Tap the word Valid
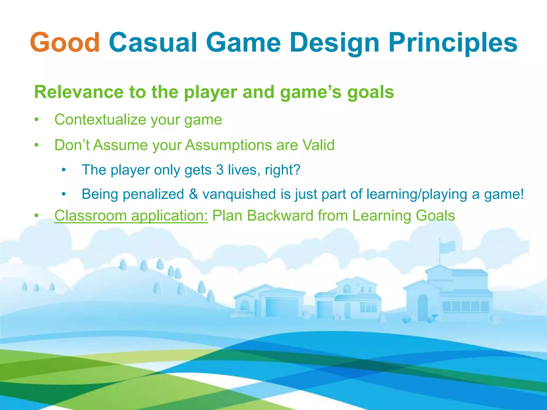318,145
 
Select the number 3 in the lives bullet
220,170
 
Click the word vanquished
239,194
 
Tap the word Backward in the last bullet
280,216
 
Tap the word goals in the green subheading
370,92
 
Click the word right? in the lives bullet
283,170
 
